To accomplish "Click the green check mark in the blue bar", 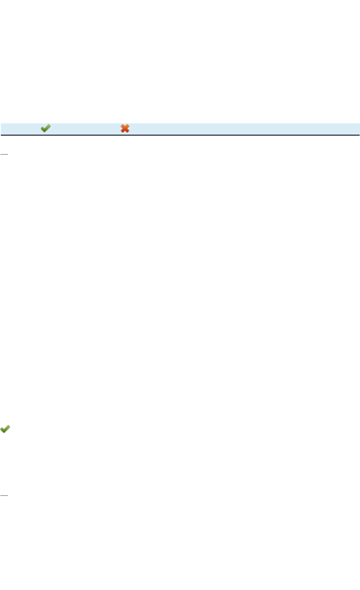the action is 46,128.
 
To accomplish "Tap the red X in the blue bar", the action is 125,128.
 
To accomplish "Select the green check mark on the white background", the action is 5,429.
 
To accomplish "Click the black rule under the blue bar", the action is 180,135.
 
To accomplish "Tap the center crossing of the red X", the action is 125,128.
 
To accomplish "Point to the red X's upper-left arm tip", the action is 122,125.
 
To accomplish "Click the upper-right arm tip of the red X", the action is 128,125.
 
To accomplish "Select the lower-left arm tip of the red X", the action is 122,132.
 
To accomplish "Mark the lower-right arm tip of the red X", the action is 128,132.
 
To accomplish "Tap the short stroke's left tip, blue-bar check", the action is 41,129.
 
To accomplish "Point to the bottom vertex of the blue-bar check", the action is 44,132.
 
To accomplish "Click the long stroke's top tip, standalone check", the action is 10,426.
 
